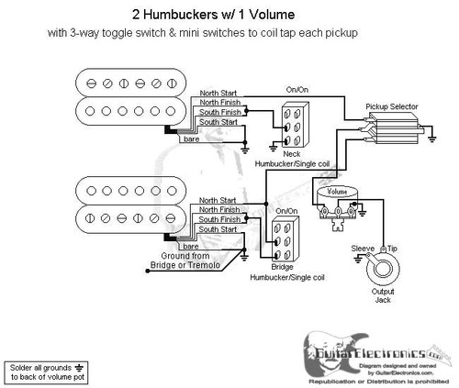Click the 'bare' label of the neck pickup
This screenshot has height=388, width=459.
click(x=190, y=137)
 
